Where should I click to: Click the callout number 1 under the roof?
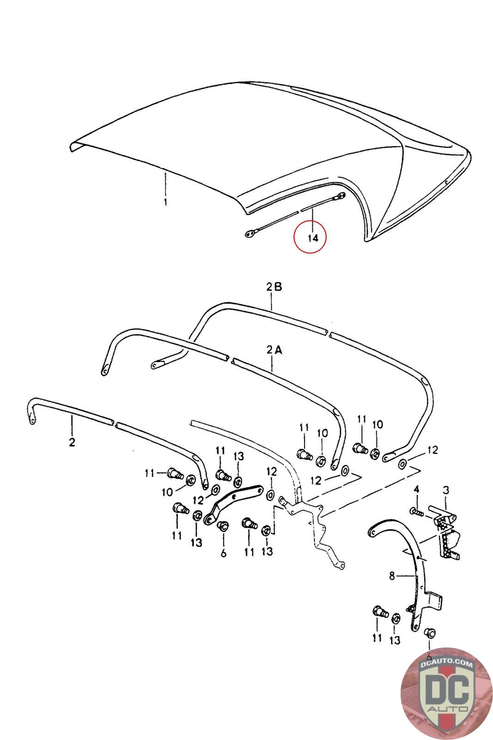coord(165,202)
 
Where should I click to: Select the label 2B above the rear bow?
coord(274,287)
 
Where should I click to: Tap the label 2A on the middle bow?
coord(274,350)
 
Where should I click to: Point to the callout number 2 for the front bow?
coord(72,442)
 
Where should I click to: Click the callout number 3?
coord(446,489)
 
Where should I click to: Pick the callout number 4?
coord(416,489)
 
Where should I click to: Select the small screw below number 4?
coord(416,512)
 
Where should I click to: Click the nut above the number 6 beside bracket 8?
coord(429,632)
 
